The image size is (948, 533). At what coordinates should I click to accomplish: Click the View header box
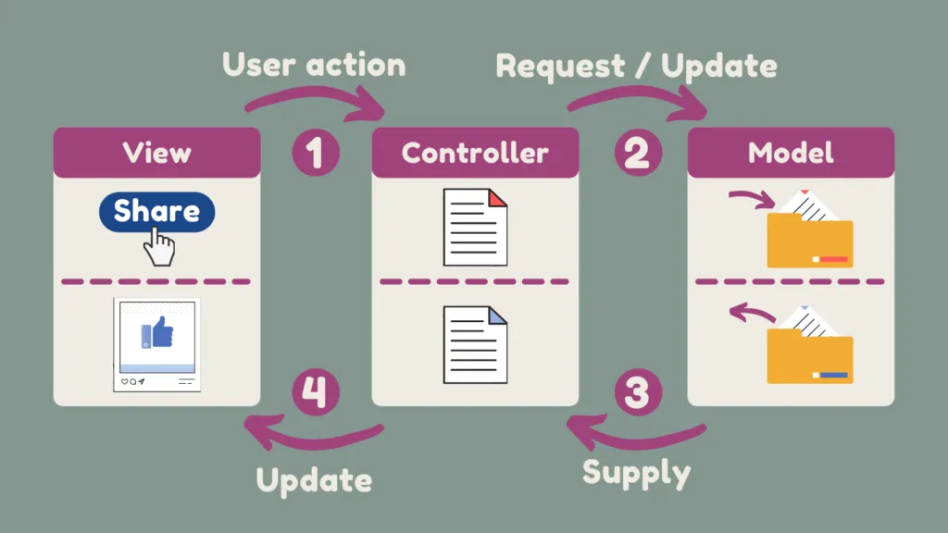tap(156, 152)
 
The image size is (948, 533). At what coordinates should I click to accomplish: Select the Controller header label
tap(475, 152)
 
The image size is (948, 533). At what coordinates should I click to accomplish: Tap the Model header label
tap(791, 152)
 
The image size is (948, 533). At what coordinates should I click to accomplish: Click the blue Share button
tap(156, 211)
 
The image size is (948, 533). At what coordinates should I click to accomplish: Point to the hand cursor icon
tap(159, 246)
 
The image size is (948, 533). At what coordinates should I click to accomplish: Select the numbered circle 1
tap(316, 152)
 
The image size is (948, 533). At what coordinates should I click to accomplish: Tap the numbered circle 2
tap(636, 152)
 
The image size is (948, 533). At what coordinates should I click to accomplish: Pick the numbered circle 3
tap(636, 393)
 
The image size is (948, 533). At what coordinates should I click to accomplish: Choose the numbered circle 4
tap(316, 393)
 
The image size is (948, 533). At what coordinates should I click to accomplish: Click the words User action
tap(314, 65)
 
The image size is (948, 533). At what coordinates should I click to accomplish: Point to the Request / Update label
tap(636, 66)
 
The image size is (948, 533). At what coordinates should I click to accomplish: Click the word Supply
tap(636, 473)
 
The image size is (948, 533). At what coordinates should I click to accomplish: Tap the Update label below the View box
tap(314, 480)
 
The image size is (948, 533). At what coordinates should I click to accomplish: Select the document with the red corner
tap(475, 227)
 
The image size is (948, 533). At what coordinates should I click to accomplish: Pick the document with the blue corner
tap(475, 344)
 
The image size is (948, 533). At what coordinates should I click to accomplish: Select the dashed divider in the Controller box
tap(475, 281)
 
